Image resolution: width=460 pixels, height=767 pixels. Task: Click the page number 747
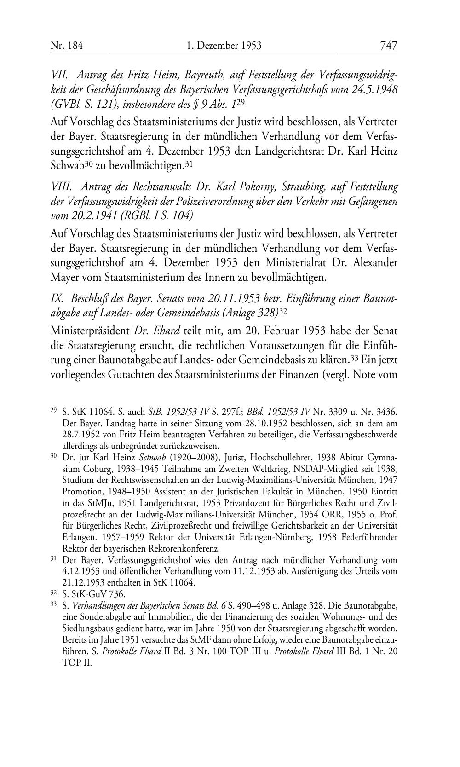[x=388, y=46]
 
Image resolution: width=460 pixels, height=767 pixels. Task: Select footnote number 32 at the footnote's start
[x=53, y=593]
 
